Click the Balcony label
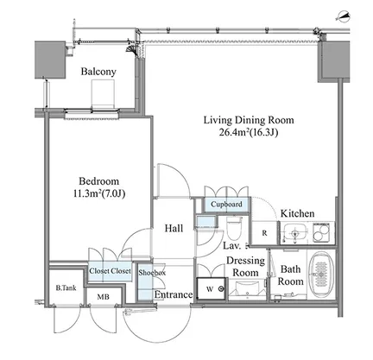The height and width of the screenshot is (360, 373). pos(98,72)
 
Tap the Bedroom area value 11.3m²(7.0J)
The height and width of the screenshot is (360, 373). pos(99,193)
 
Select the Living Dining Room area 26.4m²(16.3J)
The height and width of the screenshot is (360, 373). pos(249,132)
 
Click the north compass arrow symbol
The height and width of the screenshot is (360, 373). pos(343,16)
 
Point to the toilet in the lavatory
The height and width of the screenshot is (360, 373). pos(233,228)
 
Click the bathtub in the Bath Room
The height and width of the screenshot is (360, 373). pos(321,274)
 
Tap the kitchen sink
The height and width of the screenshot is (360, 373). pos(294,232)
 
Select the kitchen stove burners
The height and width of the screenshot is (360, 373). pos(323,232)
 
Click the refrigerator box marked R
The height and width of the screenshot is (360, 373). pos(264,233)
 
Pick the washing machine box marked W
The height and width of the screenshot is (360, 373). pos(212,288)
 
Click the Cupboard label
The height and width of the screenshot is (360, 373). pos(226,205)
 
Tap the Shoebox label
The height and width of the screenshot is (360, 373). pos(152,272)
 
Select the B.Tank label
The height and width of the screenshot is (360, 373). pos(66,287)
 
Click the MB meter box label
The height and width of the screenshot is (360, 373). pos(103,296)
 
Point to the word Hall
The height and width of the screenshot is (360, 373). pos(174,228)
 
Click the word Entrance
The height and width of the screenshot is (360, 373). pos(174,294)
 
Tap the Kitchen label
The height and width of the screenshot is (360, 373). pos(297,213)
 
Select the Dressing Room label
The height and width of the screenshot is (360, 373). pos(245,266)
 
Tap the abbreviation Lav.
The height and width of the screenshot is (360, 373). pos(232,245)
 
